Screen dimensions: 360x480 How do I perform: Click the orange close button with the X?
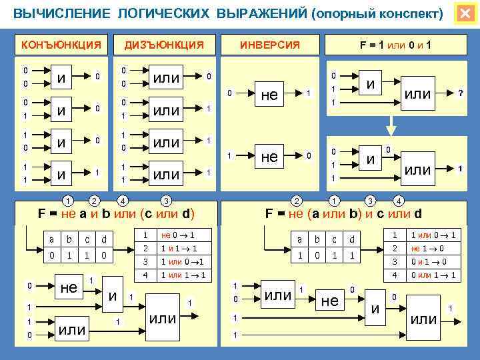[465, 13]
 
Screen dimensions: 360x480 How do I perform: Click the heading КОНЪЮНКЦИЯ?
[61, 45]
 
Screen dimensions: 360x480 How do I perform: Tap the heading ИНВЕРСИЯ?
[270, 45]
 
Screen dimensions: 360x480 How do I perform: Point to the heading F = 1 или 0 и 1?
[395, 45]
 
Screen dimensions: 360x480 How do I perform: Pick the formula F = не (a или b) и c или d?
[344, 214]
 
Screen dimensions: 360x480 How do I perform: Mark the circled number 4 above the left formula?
[122, 199]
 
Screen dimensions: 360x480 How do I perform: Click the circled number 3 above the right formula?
[369, 199]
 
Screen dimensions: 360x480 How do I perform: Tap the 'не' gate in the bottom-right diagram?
[329, 301]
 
